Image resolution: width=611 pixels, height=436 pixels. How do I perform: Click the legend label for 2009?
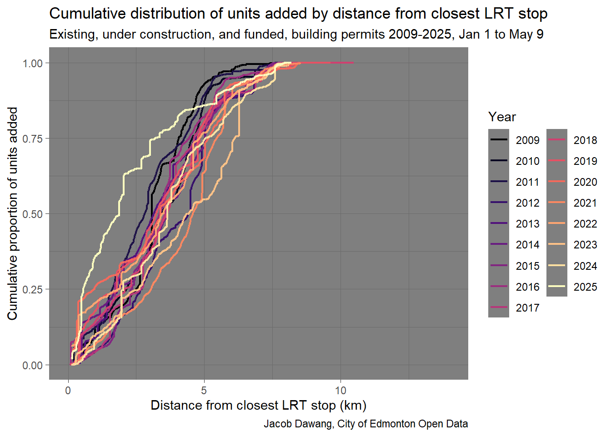point(527,140)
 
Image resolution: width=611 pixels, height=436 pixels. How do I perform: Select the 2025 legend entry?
point(585,287)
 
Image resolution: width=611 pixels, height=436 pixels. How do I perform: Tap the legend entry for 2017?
point(527,307)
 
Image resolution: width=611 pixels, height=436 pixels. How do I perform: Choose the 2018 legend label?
point(585,140)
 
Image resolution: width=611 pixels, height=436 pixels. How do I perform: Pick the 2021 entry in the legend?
point(585,203)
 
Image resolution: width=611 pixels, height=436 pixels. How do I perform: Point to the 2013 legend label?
point(527,224)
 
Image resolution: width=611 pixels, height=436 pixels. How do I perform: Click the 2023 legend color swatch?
point(557,245)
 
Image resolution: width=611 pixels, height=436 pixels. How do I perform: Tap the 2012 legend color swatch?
point(499,203)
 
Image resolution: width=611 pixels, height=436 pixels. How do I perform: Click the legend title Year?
point(502,117)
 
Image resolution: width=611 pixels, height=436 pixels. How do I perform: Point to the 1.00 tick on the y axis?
point(33,63)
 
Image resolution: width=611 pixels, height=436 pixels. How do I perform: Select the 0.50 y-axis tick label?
point(33,214)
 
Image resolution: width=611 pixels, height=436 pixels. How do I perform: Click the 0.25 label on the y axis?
point(33,289)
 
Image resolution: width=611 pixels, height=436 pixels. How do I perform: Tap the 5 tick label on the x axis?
point(204,390)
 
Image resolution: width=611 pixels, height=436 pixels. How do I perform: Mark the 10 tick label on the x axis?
point(341,390)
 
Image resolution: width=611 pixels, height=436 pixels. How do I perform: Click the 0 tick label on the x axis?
point(68,390)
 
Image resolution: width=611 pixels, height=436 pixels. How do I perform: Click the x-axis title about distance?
point(258,405)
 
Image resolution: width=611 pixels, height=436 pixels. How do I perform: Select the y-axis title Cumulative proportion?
point(12,213)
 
